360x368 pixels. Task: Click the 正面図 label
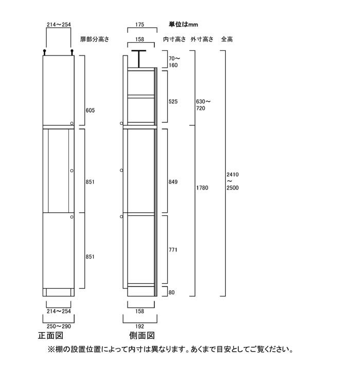(x=51, y=336)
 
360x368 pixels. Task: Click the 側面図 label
(x=142, y=336)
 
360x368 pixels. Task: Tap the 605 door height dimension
(x=90, y=111)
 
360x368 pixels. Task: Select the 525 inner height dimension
(x=173, y=102)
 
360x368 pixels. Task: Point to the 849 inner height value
(x=173, y=182)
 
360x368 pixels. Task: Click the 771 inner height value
(x=173, y=250)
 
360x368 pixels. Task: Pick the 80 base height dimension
(x=172, y=292)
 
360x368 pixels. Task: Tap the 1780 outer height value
(x=202, y=188)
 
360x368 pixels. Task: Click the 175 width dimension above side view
(x=140, y=24)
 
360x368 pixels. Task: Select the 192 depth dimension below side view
(x=140, y=326)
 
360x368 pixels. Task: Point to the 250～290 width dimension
(x=59, y=326)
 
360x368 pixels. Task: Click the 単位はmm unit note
(x=184, y=24)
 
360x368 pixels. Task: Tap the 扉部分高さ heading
(x=95, y=39)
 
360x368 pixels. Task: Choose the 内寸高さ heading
(x=174, y=39)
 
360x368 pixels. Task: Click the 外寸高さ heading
(x=202, y=39)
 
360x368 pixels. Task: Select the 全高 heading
(x=227, y=39)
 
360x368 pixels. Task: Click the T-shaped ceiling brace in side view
(x=139, y=59)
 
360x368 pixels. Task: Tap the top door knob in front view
(x=72, y=123)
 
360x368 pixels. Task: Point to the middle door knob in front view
(x=72, y=171)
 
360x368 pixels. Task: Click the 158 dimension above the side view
(x=140, y=39)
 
